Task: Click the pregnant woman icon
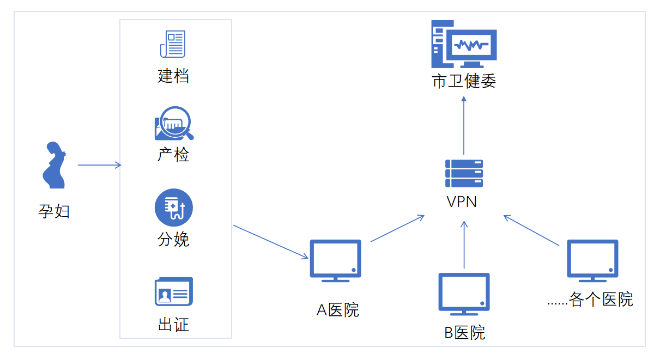tap(54, 166)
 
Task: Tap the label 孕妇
tap(54, 211)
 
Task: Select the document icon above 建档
tap(173, 44)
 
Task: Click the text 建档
tap(173, 76)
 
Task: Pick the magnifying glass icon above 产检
tap(174, 124)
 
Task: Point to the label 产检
tap(173, 155)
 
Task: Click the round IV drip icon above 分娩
tap(174, 208)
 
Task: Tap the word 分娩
tap(173, 239)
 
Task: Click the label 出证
tap(173, 325)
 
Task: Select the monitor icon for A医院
tap(335, 260)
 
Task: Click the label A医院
tap(338, 310)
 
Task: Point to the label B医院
tap(464, 332)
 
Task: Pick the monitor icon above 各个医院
tap(592, 260)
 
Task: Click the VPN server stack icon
tap(464, 172)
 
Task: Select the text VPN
tap(462, 202)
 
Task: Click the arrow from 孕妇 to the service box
tap(99, 165)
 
